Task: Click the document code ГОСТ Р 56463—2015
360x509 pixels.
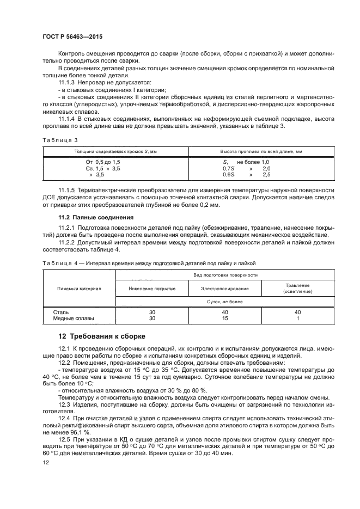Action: coord(72,36)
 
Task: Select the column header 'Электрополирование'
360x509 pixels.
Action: coord(225,288)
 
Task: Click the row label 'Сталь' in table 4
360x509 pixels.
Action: coord(60,312)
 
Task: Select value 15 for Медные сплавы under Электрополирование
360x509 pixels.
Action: coord(225,318)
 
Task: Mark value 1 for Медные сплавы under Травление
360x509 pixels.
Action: coord(297,318)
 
